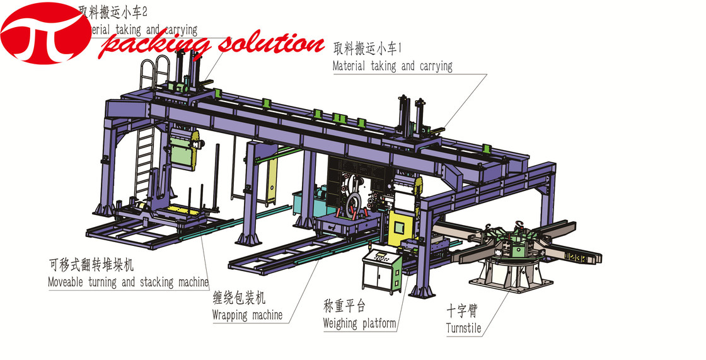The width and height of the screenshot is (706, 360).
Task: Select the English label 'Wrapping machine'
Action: (247, 314)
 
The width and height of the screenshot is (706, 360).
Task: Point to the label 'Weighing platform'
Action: (359, 323)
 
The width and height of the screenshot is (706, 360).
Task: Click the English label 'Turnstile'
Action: (463, 328)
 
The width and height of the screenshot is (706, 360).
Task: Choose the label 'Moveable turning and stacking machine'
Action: (128, 282)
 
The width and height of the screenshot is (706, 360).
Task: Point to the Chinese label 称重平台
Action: (344, 307)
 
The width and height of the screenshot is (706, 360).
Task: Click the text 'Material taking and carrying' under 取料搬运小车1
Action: (392, 66)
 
